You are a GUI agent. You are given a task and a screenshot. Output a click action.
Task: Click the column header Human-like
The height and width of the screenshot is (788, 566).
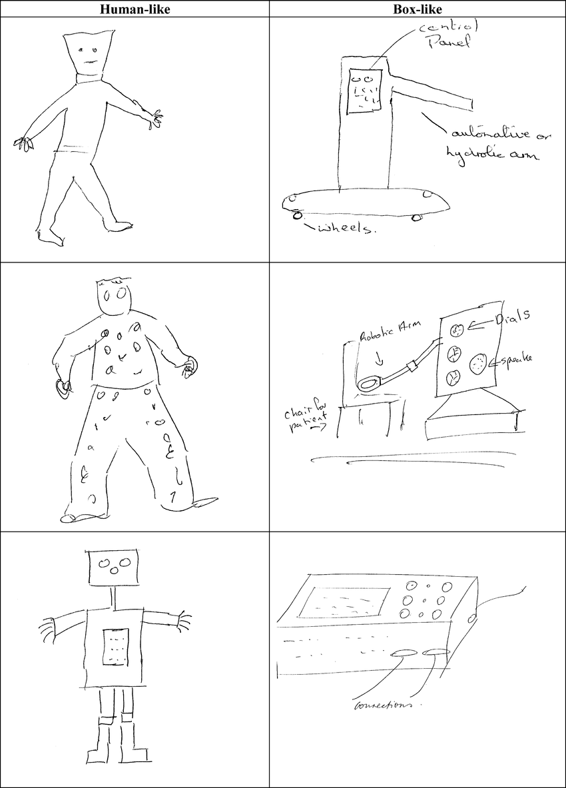click(135, 9)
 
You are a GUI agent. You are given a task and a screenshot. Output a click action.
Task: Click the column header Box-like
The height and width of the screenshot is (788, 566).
click(418, 9)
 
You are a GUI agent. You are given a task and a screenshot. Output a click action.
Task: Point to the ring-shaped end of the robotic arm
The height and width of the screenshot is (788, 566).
click(369, 384)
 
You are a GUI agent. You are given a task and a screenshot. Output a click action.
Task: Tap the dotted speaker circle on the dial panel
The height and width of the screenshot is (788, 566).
click(479, 364)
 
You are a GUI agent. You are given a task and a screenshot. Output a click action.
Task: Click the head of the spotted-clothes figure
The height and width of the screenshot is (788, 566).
click(116, 296)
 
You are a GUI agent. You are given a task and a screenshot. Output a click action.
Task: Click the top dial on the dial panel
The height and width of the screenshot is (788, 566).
click(458, 329)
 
